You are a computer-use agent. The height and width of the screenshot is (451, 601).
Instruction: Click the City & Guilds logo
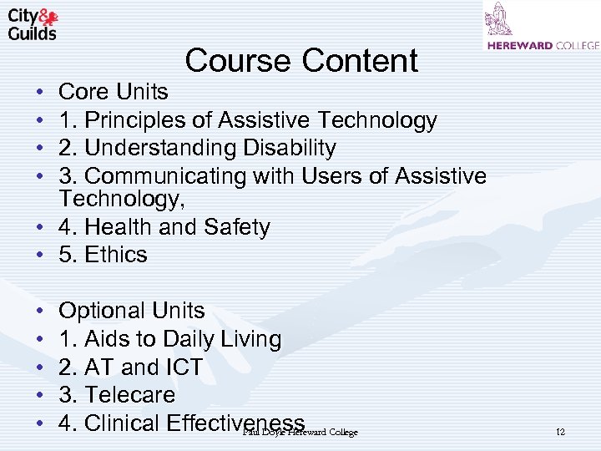coord(33,24)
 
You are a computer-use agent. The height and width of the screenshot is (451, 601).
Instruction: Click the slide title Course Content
coord(301,60)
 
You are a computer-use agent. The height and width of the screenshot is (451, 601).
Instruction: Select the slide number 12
coord(560,432)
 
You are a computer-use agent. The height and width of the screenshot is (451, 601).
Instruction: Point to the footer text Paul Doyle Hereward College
coord(300,432)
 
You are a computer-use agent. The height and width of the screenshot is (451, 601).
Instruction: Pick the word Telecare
coord(130,394)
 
